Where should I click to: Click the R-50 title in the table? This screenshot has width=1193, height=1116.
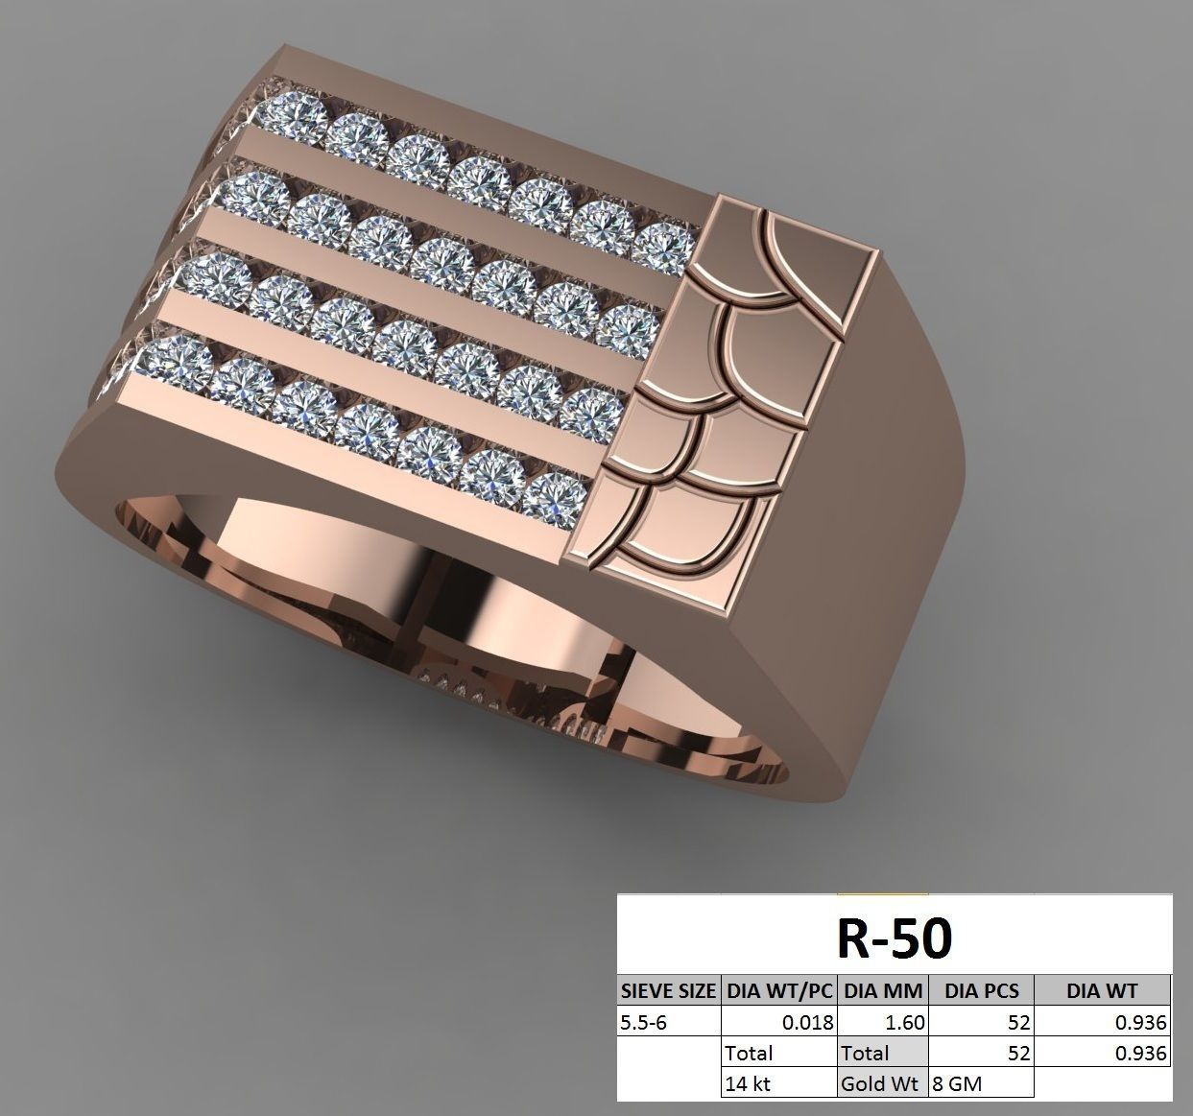[894, 938]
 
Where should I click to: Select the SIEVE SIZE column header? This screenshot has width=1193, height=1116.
[668, 990]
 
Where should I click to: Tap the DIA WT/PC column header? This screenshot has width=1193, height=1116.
[778, 990]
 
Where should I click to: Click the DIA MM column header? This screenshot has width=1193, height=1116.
[882, 990]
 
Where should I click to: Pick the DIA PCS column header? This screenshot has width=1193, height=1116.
[981, 990]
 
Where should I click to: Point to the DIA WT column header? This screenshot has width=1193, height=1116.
[1102, 990]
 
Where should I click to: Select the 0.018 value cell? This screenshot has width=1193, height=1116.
[806, 1022]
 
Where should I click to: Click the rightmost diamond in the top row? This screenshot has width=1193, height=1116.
[665, 246]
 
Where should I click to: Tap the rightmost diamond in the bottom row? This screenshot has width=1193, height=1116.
[554, 498]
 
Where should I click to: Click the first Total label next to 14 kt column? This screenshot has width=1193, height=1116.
[750, 1053]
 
